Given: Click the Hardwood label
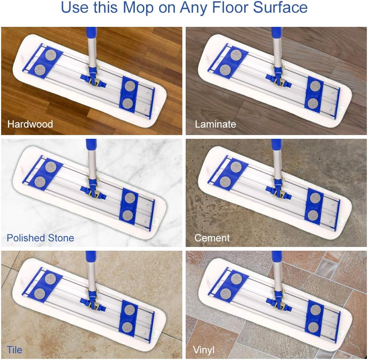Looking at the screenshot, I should [30, 124].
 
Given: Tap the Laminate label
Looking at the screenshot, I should [216, 124].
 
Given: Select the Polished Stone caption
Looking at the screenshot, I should [40, 238].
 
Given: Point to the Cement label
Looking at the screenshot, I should [212, 238].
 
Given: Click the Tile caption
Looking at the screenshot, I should [15, 350].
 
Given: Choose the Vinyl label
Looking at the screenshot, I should [204, 350].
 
